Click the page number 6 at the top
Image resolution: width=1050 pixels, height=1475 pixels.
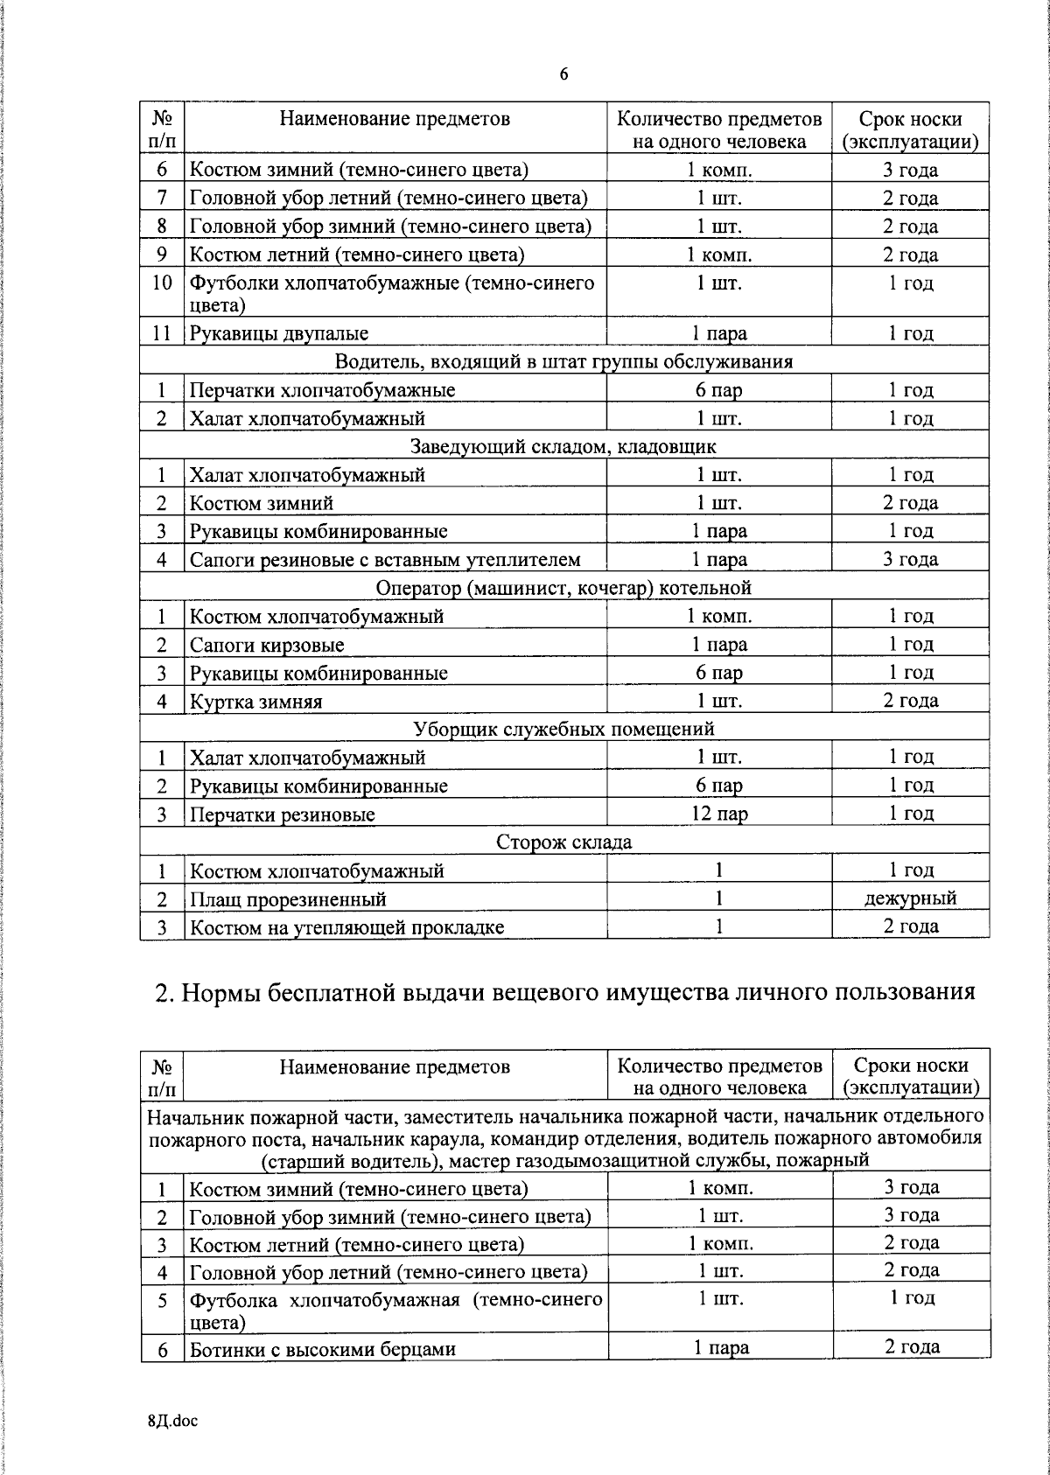click(x=563, y=74)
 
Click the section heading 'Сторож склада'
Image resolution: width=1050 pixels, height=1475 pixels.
click(x=563, y=842)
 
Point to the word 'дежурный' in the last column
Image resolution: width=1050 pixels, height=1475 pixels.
click(x=910, y=898)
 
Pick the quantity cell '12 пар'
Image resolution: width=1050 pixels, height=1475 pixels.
click(x=718, y=814)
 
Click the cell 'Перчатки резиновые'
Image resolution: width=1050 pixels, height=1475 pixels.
click(x=283, y=814)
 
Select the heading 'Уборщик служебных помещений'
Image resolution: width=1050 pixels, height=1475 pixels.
click(x=563, y=729)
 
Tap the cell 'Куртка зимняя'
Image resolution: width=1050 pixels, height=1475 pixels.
click(x=255, y=702)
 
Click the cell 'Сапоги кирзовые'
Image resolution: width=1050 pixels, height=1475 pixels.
click(x=267, y=646)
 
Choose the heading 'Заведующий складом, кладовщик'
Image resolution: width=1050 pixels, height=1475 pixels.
click(x=563, y=447)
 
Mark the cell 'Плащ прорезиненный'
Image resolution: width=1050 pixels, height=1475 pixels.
click(x=288, y=899)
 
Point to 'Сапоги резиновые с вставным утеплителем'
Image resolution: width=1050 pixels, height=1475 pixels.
click(x=385, y=560)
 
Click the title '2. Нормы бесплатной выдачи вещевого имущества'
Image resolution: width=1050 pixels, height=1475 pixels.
click(x=563, y=992)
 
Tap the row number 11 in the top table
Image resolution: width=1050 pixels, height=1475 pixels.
click(x=161, y=333)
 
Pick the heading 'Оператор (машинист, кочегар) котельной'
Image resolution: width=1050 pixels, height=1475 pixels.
click(x=563, y=588)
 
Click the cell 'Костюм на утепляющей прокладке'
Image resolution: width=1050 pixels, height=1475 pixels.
click(x=346, y=927)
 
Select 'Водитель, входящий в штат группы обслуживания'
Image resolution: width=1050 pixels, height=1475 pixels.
click(x=563, y=362)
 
